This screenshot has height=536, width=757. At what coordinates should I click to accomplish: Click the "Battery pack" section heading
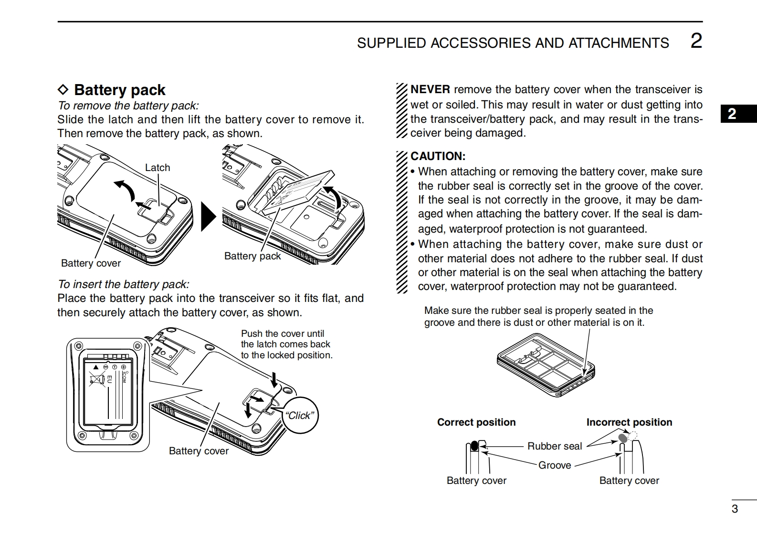click(x=119, y=90)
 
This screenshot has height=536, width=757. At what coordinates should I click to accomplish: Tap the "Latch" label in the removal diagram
click(x=158, y=168)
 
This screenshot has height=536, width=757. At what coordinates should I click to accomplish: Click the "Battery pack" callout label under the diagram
click(x=252, y=256)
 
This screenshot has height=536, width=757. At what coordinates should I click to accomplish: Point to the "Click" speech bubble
click(x=300, y=415)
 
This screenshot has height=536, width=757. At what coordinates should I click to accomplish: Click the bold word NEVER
click(x=430, y=89)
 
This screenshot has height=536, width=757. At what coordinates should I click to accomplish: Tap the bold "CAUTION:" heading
click(x=438, y=156)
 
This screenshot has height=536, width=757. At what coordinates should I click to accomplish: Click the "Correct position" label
click(x=476, y=422)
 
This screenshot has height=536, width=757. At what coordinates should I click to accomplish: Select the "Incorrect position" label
click(x=629, y=422)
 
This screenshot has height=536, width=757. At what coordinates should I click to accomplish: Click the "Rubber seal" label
click(x=555, y=446)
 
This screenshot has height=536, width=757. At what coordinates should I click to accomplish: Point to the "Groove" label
click(x=555, y=465)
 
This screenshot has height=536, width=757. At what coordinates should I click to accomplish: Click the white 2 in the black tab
click(x=732, y=114)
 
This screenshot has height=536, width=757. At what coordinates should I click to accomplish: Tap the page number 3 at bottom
click(x=735, y=509)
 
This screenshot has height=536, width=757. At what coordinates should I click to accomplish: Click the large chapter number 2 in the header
click(x=696, y=41)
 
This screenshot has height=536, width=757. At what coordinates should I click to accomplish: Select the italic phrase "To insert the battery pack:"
click(x=124, y=284)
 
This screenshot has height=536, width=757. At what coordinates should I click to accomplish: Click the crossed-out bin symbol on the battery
click(x=97, y=380)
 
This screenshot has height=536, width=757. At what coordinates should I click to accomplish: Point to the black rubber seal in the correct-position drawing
click(x=474, y=446)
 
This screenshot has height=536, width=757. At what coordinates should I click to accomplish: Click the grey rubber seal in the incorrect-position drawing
click(x=623, y=438)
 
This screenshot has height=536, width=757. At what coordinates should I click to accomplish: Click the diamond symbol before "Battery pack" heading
click(x=63, y=90)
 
